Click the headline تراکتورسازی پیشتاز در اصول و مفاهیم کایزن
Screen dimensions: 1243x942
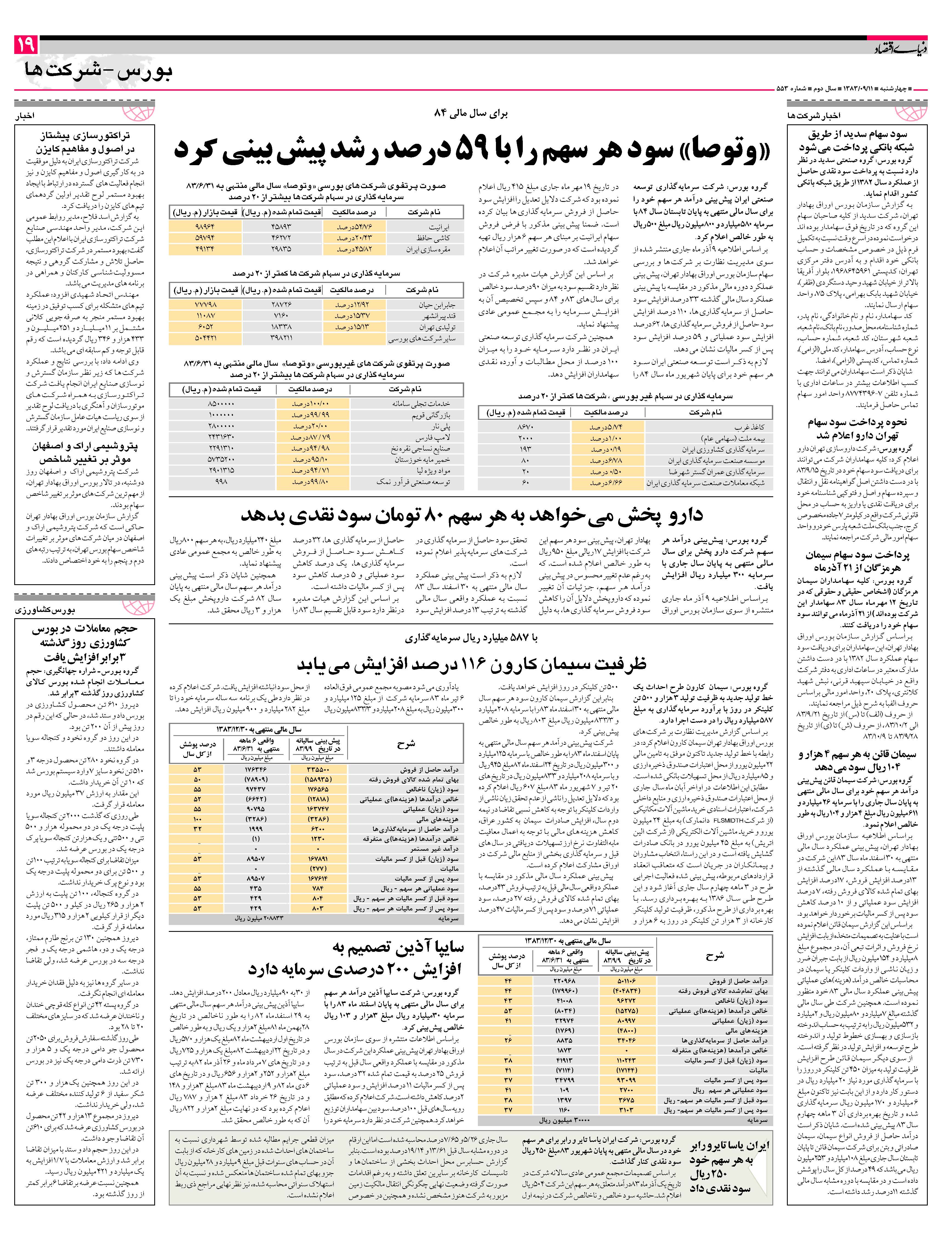pyautogui.click(x=84, y=143)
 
